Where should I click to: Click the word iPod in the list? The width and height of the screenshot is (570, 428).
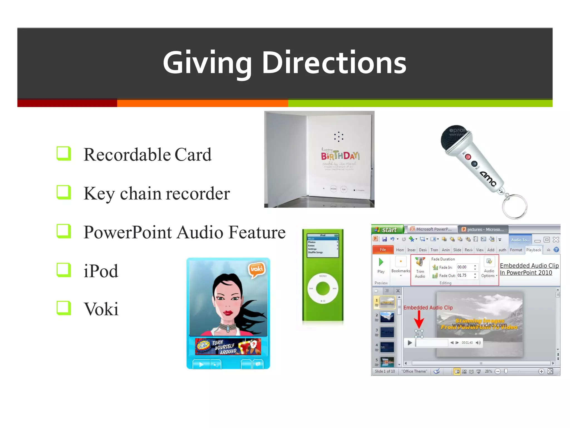101,271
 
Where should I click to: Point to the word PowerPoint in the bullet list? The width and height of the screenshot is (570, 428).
128,232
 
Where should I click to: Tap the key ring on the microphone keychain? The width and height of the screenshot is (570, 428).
515,206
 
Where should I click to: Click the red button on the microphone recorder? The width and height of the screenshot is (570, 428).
468,157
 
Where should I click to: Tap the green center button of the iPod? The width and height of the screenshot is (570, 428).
323,288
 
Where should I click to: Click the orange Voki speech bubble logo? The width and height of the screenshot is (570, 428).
257,269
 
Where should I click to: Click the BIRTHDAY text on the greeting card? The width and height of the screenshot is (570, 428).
340,155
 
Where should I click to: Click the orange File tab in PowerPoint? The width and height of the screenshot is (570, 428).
383,250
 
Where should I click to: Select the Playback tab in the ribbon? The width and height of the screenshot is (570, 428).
534,250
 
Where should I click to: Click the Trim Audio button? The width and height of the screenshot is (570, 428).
420,267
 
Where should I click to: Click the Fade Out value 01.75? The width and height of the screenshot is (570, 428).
462,276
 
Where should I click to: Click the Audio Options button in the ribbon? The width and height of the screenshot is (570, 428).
489,267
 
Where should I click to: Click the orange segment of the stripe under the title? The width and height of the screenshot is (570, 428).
202,103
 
